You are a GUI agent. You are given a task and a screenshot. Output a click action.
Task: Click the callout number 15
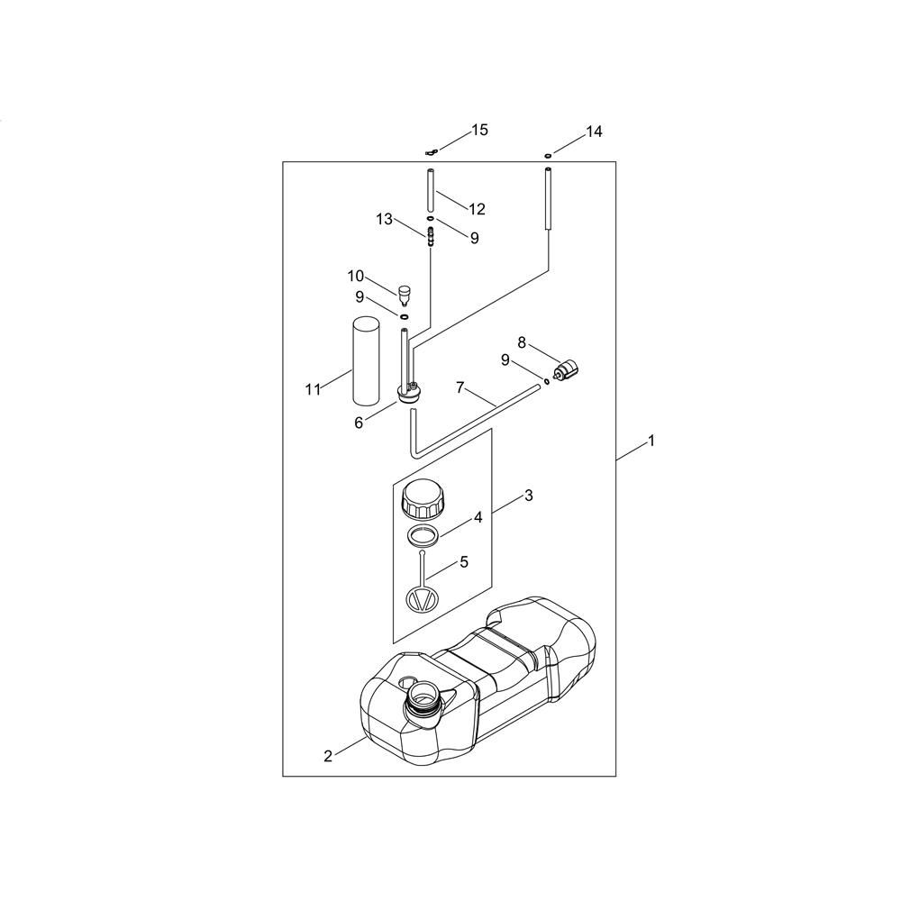click(x=479, y=131)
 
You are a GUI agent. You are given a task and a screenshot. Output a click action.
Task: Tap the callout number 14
click(x=593, y=132)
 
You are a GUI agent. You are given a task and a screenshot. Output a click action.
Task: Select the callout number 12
click(x=477, y=209)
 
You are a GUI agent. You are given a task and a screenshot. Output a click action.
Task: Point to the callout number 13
click(x=385, y=219)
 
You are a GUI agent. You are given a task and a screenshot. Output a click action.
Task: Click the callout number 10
click(x=356, y=275)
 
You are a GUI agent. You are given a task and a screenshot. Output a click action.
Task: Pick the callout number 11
click(x=313, y=389)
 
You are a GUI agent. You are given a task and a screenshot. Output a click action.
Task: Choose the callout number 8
click(x=522, y=342)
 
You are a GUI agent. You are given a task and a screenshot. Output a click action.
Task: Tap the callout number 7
click(x=460, y=388)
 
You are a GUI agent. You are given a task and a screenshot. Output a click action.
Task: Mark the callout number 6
click(x=359, y=422)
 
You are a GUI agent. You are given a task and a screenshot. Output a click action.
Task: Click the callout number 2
click(x=328, y=755)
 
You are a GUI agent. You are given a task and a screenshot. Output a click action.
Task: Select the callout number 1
click(x=651, y=441)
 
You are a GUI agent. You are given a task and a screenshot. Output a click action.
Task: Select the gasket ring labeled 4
click(x=422, y=535)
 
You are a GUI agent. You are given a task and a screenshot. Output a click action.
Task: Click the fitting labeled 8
click(x=566, y=370)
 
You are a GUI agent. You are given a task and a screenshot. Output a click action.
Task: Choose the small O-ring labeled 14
click(x=547, y=155)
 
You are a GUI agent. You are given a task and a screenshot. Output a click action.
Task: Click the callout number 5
click(x=464, y=561)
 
